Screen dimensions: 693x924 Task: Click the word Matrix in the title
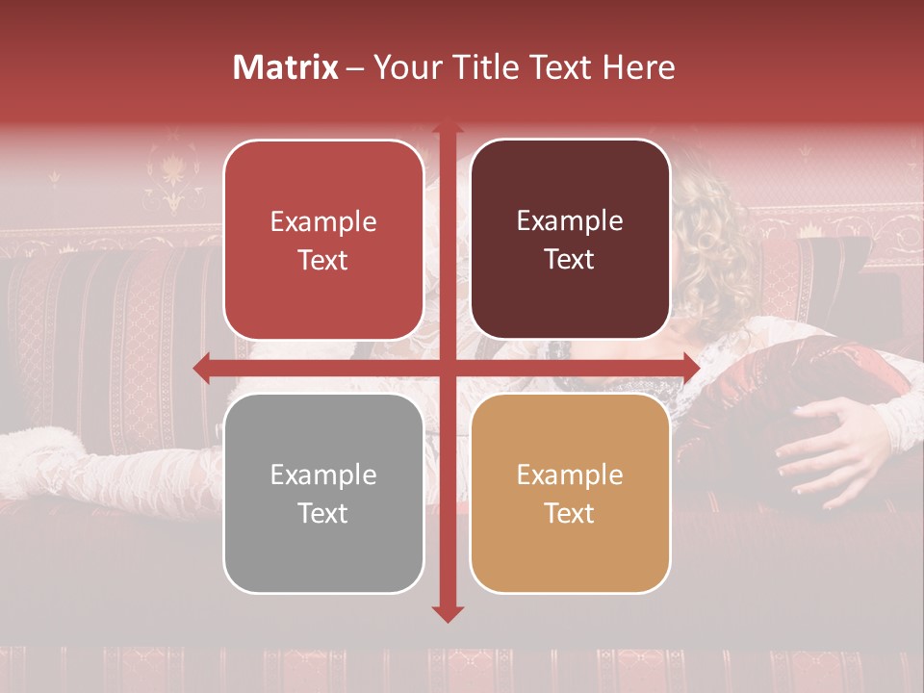click(286, 67)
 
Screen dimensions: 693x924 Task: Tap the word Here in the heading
click(638, 67)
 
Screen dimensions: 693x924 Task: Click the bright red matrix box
click(323, 240)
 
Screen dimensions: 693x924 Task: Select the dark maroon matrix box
click(570, 240)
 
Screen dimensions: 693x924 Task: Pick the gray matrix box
click(323, 493)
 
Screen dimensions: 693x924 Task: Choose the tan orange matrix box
click(570, 493)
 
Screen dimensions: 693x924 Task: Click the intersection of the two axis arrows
click(447, 368)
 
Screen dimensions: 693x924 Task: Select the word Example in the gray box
click(323, 475)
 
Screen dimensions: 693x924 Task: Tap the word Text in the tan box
click(570, 513)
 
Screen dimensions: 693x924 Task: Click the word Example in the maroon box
click(570, 220)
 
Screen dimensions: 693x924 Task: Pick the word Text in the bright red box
click(323, 260)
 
